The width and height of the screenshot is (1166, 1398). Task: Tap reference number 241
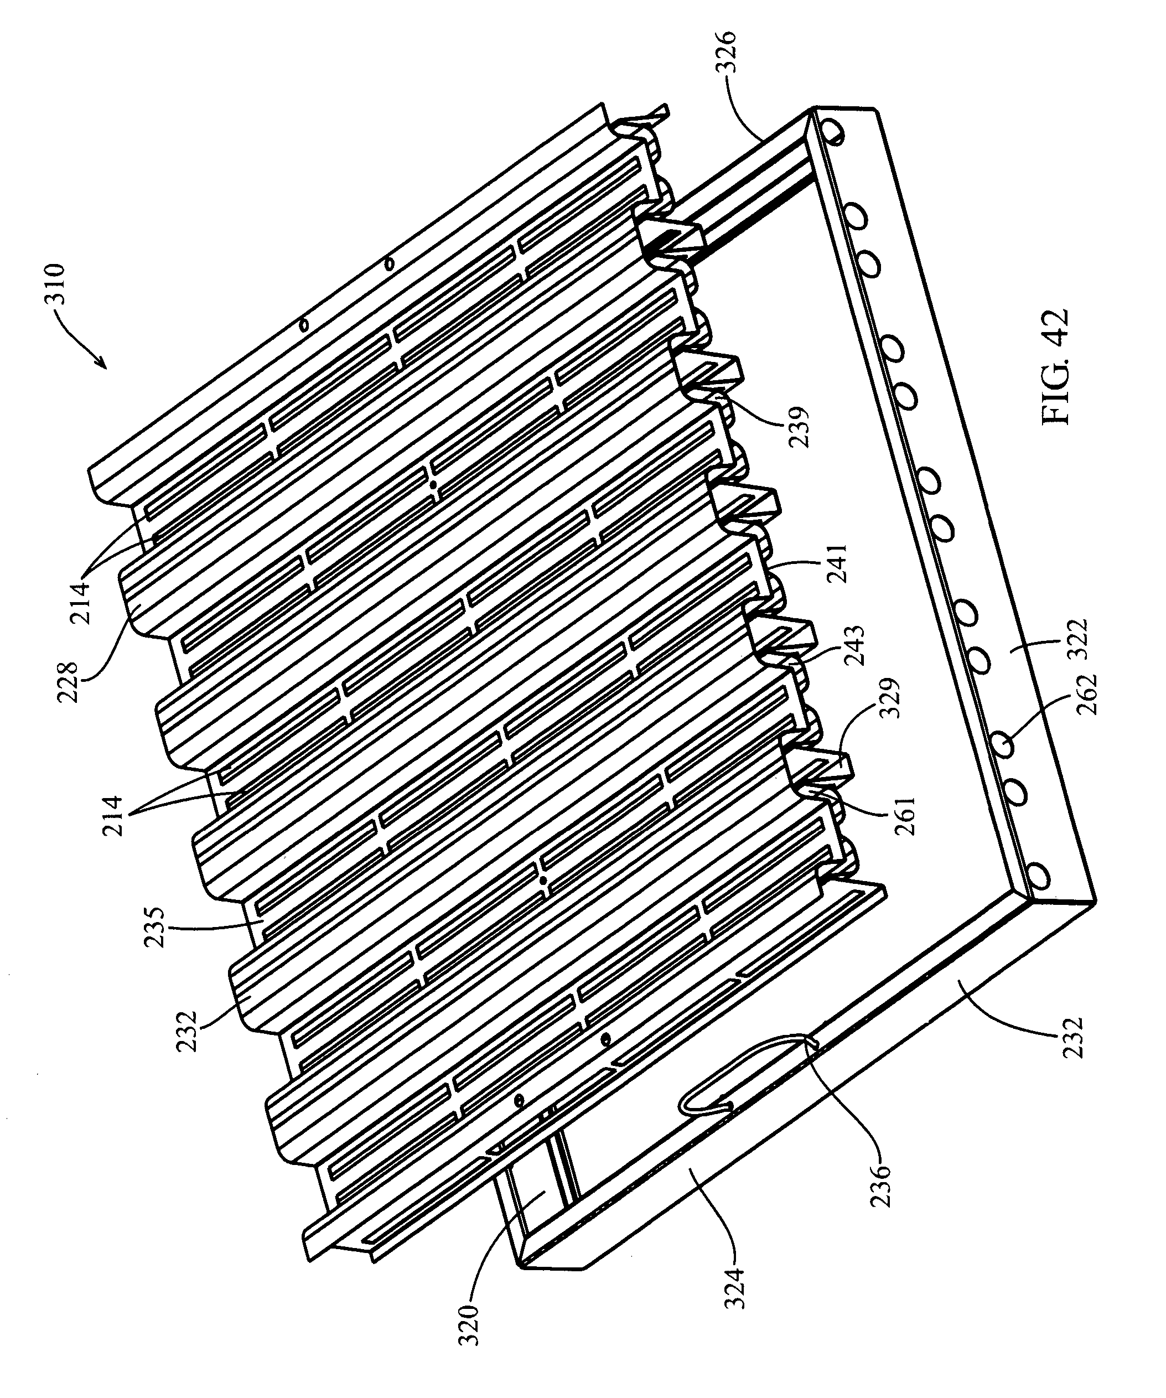point(837,564)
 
